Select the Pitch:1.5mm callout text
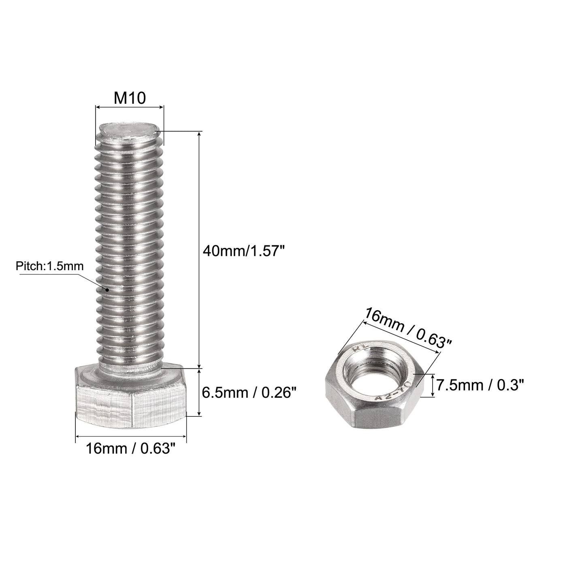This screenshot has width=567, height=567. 49,266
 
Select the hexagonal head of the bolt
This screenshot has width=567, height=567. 130,405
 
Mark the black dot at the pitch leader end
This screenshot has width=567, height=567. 107,290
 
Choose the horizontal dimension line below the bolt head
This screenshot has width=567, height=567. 130,436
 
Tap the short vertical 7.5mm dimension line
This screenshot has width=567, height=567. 434,385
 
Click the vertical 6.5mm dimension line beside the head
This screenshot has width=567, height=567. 199,392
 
